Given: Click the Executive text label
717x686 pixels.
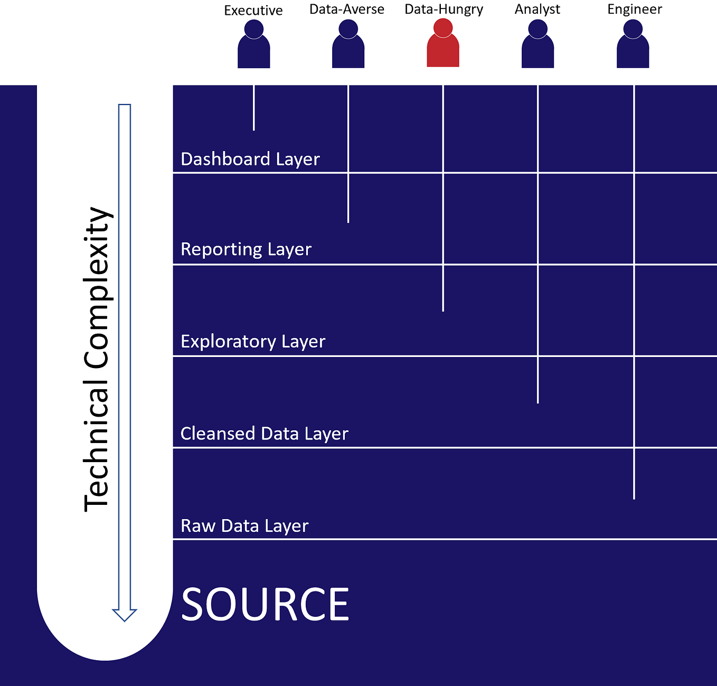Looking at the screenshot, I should (x=253, y=11).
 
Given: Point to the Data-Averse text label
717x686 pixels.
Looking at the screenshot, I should (x=347, y=10).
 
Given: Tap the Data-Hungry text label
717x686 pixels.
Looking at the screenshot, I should (x=444, y=10).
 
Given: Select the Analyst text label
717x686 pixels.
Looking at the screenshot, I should (x=537, y=10).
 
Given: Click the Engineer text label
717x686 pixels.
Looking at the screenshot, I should (x=635, y=10).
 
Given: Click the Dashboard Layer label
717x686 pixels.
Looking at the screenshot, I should (x=250, y=159).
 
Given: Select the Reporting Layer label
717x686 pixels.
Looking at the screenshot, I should (x=246, y=249).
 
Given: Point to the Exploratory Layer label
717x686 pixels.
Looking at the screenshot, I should (x=253, y=342).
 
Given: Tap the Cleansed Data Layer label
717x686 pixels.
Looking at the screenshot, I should (x=265, y=434).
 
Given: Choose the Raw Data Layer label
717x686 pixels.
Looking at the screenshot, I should (x=244, y=526).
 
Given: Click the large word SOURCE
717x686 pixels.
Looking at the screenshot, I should (x=265, y=605).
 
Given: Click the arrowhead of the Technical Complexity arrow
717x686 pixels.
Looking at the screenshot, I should (x=125, y=615).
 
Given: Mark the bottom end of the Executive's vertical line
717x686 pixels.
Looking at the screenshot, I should (x=254, y=129).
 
